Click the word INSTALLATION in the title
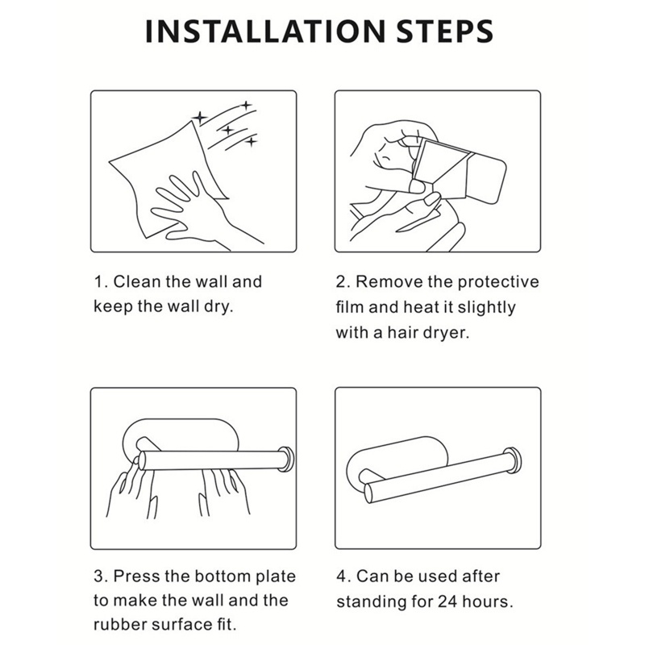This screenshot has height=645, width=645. (265, 31)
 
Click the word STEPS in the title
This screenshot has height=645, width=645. (445, 31)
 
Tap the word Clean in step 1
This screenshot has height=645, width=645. (136, 281)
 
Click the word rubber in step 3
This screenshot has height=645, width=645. (119, 625)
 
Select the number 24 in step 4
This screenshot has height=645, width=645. (447, 601)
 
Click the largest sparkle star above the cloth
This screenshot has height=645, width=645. (200, 118)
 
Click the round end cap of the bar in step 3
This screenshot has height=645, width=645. (286, 459)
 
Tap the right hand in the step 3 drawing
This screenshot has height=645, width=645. (225, 492)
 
